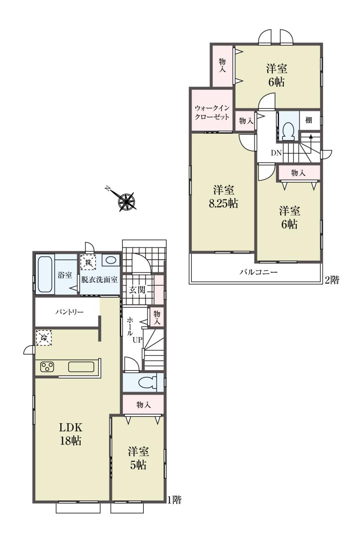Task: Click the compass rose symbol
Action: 126,201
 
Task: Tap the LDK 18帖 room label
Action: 71,434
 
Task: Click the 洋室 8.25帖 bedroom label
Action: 223,197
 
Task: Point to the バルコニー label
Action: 259,272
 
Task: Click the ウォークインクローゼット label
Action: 212,112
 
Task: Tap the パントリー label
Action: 70,312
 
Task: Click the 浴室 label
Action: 65,275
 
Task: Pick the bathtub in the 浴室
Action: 45,274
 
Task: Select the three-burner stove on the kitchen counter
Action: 47,367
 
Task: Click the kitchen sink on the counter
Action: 81,366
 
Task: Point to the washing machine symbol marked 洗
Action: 88,262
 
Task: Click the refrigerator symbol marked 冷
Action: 44,338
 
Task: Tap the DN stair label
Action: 276,153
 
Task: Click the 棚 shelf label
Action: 308,120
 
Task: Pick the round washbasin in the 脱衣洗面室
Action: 111,260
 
